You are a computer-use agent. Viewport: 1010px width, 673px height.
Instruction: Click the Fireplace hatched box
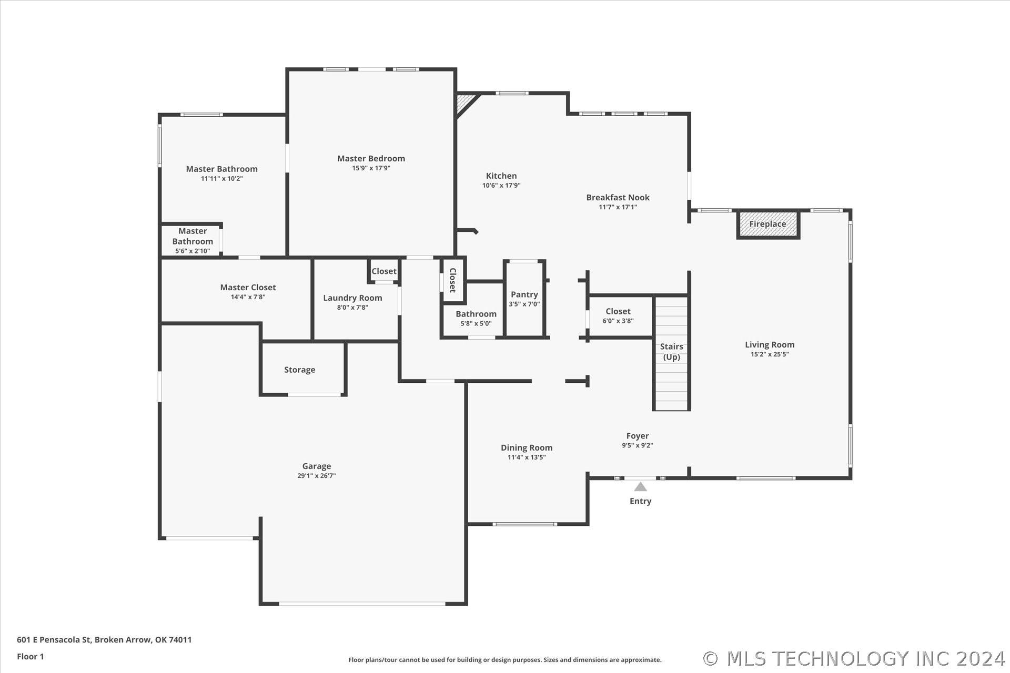(x=768, y=224)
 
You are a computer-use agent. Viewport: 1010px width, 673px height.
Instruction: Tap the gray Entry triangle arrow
(x=640, y=486)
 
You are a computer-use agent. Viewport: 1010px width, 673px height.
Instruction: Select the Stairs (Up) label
(x=672, y=352)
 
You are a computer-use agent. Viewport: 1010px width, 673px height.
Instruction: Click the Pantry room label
(x=524, y=294)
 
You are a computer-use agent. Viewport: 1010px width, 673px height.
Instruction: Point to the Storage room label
(x=300, y=370)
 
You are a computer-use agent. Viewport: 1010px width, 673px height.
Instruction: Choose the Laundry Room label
(x=352, y=298)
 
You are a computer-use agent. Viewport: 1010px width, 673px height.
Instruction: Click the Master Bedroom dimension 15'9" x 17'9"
(x=371, y=168)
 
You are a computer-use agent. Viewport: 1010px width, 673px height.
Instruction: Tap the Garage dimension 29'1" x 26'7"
(x=317, y=476)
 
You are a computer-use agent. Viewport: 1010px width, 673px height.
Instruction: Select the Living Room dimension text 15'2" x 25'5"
(x=770, y=354)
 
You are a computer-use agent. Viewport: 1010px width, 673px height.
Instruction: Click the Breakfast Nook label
(x=618, y=198)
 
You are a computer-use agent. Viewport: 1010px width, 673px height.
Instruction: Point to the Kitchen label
(x=501, y=176)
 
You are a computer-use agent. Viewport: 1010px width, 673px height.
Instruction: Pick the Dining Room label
(x=527, y=448)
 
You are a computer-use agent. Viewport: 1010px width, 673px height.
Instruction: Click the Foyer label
(x=638, y=436)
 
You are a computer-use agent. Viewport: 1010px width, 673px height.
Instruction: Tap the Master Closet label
(x=248, y=288)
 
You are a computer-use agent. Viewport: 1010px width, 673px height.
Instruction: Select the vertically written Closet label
(x=452, y=280)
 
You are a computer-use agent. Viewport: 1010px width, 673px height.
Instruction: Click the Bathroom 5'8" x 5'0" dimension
(x=476, y=324)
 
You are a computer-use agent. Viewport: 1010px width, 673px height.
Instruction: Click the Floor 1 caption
(x=31, y=657)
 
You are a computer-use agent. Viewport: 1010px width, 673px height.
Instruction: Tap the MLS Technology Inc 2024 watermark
(x=854, y=659)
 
